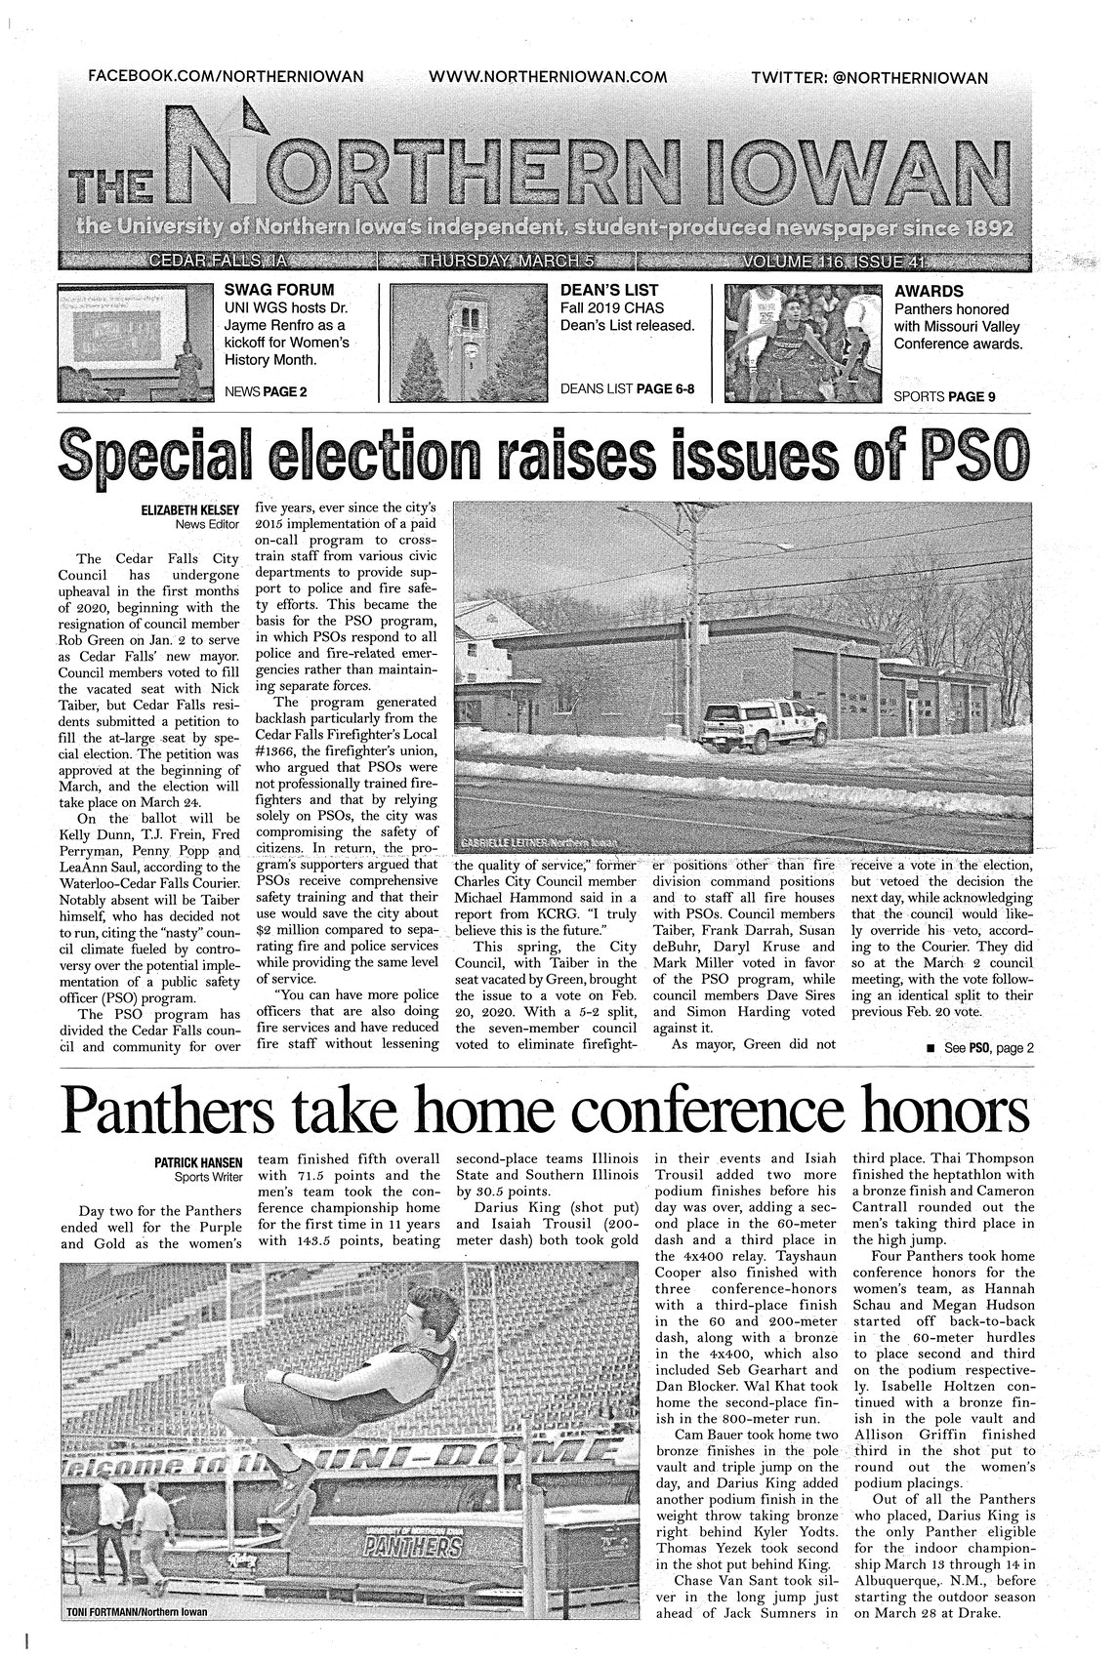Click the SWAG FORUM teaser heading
click(x=279, y=290)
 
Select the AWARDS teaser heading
click(x=929, y=291)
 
